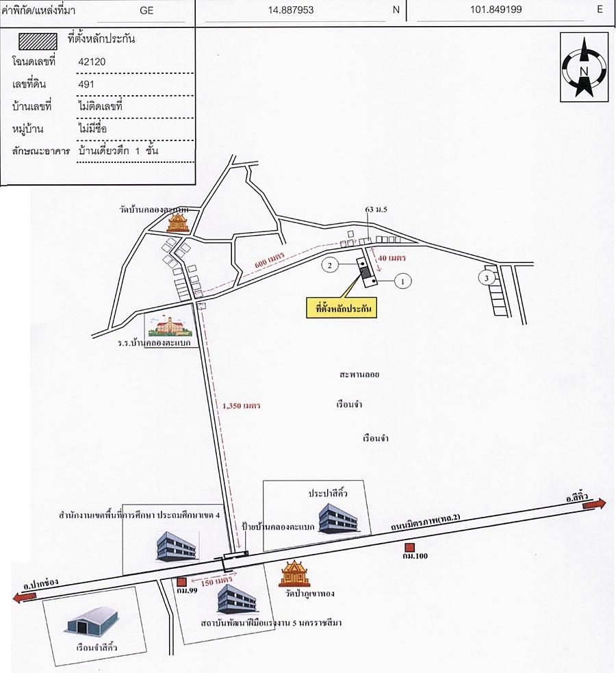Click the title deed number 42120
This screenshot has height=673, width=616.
coord(92,62)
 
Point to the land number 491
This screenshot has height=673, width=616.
coord(87,84)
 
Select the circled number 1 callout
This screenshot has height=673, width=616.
coord(404,280)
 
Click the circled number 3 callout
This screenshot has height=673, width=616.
coord(485,278)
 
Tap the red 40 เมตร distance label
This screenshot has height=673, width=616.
coord(392,259)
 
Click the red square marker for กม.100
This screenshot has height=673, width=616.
coord(409,546)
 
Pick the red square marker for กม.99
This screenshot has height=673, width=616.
coord(181,582)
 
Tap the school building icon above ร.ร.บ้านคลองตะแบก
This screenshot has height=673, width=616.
coord(169,327)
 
